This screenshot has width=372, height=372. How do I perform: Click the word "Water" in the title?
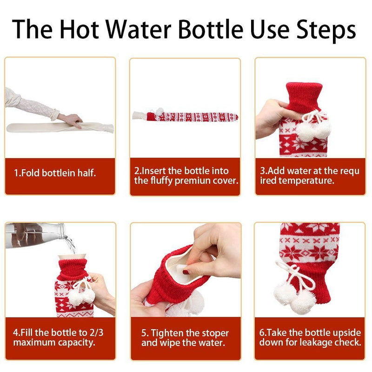point(138,29)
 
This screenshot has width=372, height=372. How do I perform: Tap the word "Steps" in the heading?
point(326,30)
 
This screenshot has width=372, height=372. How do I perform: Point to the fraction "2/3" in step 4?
point(96,332)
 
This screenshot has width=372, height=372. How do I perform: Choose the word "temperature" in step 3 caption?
point(306,181)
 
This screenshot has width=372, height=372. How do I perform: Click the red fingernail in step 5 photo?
point(186,272)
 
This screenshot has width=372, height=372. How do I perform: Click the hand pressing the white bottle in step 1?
point(71,120)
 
